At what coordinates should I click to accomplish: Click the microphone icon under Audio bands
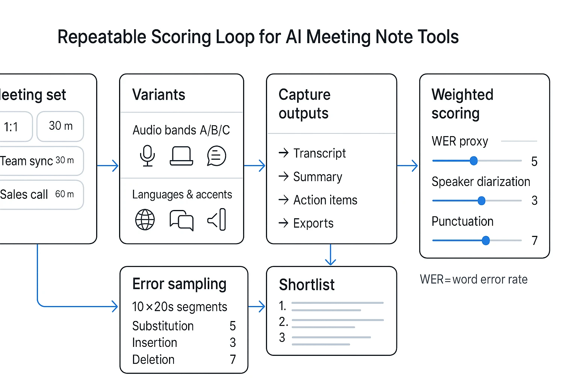pyautogui.click(x=147, y=156)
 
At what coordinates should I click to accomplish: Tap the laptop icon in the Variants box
pyautogui.click(x=181, y=156)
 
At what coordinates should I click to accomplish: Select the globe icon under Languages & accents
pyautogui.click(x=145, y=219)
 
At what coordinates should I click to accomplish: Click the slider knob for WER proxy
pyautogui.click(x=474, y=161)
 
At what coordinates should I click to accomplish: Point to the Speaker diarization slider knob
pyautogui.click(x=481, y=201)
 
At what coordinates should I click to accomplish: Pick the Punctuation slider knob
pyautogui.click(x=486, y=240)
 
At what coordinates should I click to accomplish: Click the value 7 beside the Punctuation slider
pyautogui.click(x=535, y=240)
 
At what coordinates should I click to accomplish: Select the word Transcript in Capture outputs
pyautogui.click(x=319, y=153)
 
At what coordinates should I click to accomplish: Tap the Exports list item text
pyautogui.click(x=313, y=223)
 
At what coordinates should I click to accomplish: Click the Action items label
pyautogui.click(x=325, y=200)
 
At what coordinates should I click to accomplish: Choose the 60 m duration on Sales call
pyautogui.click(x=65, y=194)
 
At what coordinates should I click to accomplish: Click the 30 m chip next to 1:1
pyautogui.click(x=60, y=126)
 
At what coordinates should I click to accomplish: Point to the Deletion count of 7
pyautogui.click(x=233, y=360)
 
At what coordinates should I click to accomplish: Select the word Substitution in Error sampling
pyautogui.click(x=163, y=326)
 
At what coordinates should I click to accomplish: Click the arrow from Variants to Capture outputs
pyautogui.click(x=255, y=165)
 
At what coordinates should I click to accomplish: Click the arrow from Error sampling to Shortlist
pyautogui.click(x=257, y=307)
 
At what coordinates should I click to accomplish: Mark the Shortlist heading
pyautogui.click(x=307, y=285)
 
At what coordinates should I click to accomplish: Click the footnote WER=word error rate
pyautogui.click(x=474, y=279)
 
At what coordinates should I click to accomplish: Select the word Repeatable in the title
pyautogui.click(x=102, y=37)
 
